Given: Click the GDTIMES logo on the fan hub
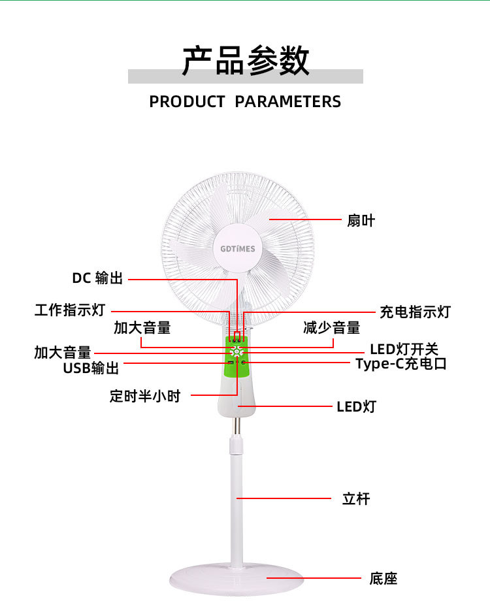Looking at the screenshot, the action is point(238,249).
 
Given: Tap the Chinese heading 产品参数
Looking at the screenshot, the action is point(245,61).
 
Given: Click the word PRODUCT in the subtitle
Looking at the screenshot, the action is point(187,102).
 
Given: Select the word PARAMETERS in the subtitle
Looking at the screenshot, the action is point(287,102).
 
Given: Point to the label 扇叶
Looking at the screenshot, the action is point(361,221).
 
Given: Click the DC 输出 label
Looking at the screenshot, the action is point(97,278).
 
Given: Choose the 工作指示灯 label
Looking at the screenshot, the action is point(69,310).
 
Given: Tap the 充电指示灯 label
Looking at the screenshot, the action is point(415,312).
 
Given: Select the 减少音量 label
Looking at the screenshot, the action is point(331,327).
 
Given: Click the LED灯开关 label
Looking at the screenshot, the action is point(404,349).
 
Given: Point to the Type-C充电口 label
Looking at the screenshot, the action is point(401,364).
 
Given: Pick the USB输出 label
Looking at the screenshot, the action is point(91,368).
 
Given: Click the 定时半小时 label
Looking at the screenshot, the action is point(144,396).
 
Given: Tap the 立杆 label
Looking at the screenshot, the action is point(356,499).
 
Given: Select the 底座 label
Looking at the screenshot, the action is point(383,578).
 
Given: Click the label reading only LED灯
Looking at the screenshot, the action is point(356,407).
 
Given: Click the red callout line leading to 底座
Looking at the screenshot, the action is point(314,578).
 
